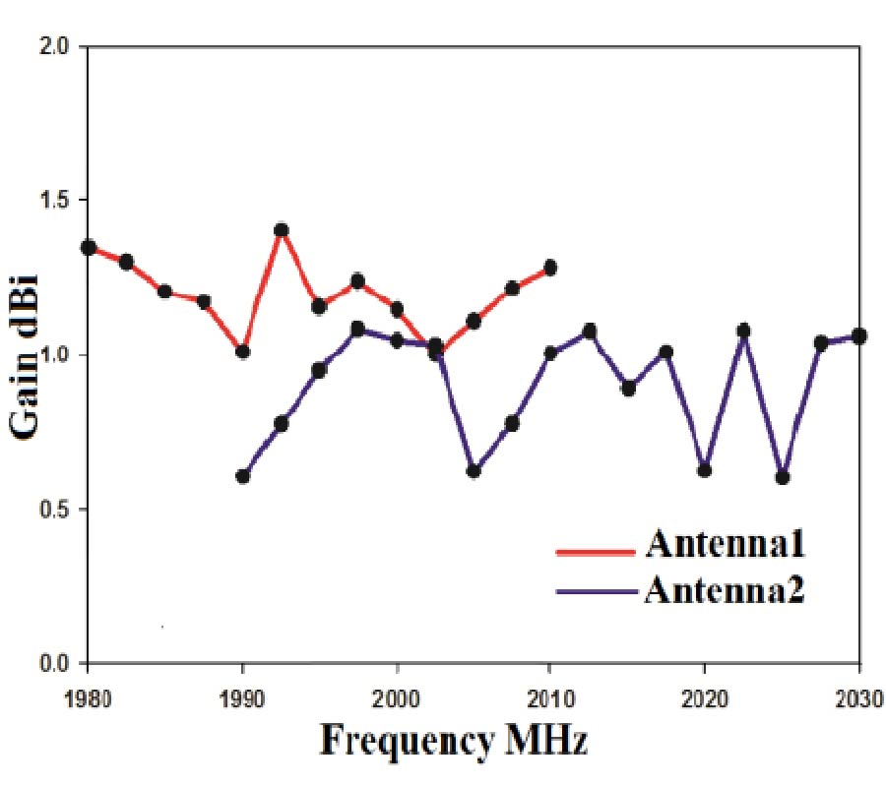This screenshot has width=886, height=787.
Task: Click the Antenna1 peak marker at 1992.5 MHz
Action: click(281, 230)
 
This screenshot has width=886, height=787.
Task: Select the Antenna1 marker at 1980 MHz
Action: click(88, 247)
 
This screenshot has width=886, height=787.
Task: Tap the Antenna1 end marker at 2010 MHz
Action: click(550, 268)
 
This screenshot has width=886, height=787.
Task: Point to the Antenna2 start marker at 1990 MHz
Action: click(242, 476)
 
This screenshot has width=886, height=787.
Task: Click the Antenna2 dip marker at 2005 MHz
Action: click(474, 470)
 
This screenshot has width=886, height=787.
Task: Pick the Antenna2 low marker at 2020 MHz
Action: click(704, 470)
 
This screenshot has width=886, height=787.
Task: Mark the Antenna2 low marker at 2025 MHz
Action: click(783, 477)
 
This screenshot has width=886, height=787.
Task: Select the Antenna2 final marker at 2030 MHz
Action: click(858, 335)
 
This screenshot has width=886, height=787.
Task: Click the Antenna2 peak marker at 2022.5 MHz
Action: click(743, 331)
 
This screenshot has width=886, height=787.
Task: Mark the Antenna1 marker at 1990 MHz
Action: click(242, 351)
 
